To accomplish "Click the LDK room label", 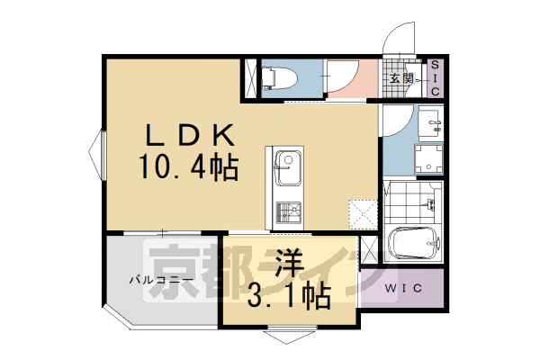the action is [190, 135].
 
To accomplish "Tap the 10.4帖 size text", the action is [189, 167].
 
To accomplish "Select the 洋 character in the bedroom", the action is [289, 264].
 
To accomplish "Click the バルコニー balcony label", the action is [160, 280].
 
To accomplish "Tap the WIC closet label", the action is [403, 288].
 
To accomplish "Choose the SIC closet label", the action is [436, 78].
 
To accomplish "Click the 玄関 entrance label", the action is [400, 79].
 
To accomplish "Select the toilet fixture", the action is [279, 78].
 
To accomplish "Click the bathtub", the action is [414, 243].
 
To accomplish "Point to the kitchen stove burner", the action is [288, 212].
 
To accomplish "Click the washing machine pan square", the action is [428, 159].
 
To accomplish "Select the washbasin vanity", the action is [430, 123].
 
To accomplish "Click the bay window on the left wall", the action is [97, 154].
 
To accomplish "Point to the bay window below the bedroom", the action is [290, 335].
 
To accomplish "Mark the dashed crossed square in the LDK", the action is [363, 214].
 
